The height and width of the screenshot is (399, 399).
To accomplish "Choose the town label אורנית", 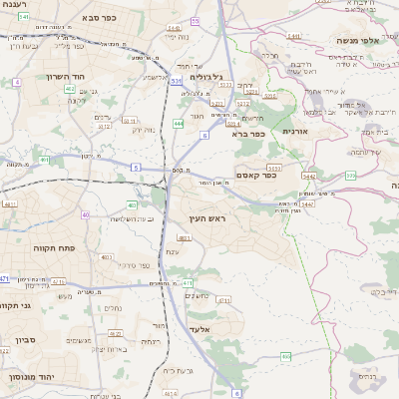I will [300, 131].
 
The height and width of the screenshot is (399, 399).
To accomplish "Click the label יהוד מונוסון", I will [33, 376].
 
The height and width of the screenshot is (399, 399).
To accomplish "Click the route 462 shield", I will [70, 90].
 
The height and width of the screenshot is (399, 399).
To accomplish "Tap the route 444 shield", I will [178, 123].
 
